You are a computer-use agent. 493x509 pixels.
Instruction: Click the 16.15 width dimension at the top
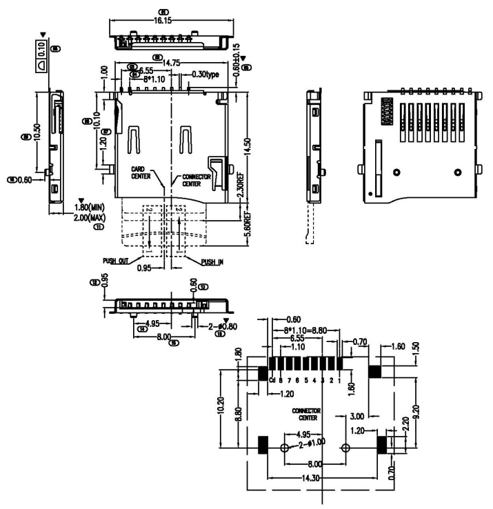tap(163, 21)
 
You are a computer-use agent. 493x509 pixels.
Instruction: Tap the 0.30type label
tap(205, 74)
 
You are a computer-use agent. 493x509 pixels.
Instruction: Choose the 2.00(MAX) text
tap(95, 217)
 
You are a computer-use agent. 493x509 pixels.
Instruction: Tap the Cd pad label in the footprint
tap(273, 380)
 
